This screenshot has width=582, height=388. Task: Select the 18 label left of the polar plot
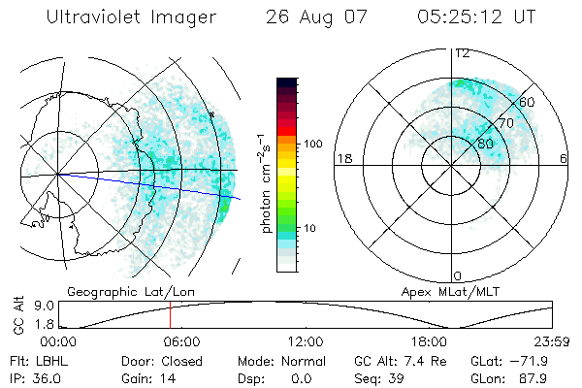pyautogui.click(x=342, y=158)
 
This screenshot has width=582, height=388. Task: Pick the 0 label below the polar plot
pyautogui.click(x=457, y=275)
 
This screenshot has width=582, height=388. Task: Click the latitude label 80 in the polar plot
pyautogui.click(x=484, y=144)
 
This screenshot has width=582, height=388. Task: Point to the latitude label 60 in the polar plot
pyautogui.click(x=527, y=101)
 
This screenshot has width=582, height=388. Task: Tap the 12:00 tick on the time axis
pyautogui.click(x=306, y=341)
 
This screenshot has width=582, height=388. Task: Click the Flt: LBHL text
pyautogui.click(x=34, y=360)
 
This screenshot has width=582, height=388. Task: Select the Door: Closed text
pyautogui.click(x=160, y=360)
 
